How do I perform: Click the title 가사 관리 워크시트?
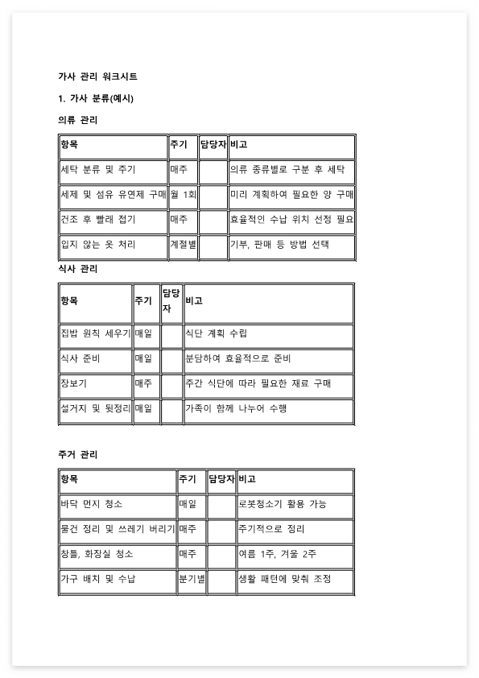tap(97, 76)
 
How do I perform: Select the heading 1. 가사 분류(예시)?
tap(96, 98)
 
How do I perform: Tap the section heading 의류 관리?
tap(78, 120)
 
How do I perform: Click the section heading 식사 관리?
tap(78, 268)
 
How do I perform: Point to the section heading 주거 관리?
tap(78, 455)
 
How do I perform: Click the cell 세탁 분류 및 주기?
tap(98, 170)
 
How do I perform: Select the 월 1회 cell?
tap(183, 195)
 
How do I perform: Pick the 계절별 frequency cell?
tap(183, 244)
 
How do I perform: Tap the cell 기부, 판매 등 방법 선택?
tap(279, 244)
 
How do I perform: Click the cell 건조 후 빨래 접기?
tap(98, 219)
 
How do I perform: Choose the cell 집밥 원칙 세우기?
tap(95, 333)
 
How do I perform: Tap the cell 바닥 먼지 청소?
tap(92, 504)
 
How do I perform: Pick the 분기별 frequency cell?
tap(192, 579)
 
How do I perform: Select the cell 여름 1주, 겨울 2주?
tap(277, 554)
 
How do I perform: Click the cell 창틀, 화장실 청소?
tap(97, 554)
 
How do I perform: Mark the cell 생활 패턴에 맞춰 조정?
tap(284, 579)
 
